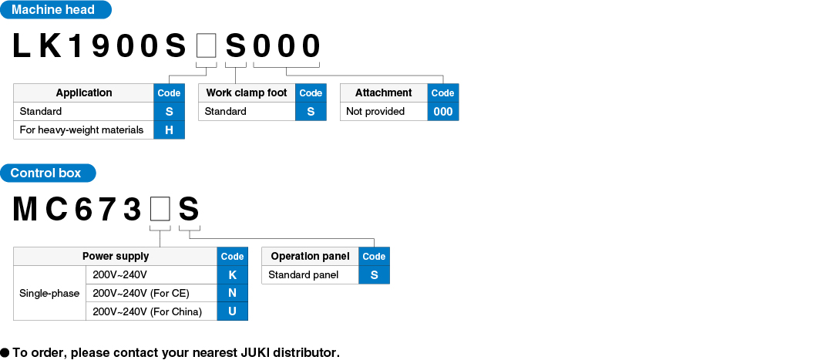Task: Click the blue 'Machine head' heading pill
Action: [55, 10]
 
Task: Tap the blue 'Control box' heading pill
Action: [48, 173]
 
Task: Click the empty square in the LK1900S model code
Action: [206, 46]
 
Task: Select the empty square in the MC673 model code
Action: [160, 210]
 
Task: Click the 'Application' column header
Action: [84, 93]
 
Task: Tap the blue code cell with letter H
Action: [169, 130]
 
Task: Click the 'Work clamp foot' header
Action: [247, 93]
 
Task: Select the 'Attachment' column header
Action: [384, 93]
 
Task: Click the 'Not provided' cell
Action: [384, 112]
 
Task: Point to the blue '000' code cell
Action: [443, 112]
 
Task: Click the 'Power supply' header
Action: [115, 257]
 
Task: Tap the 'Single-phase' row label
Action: [49, 293]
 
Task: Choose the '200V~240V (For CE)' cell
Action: [151, 293]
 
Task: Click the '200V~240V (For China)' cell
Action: [151, 311]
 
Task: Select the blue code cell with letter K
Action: [233, 275]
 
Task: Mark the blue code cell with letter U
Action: [233, 311]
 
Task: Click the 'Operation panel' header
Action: [310, 257]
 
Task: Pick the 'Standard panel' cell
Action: [310, 275]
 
